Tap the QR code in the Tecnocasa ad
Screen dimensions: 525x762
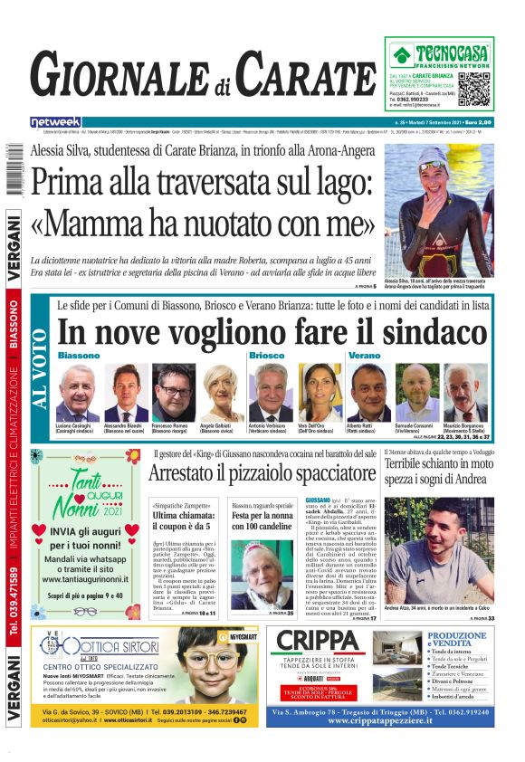coord(474,89)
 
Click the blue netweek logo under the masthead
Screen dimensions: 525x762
coord(55,121)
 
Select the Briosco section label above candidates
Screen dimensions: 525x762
coord(267,356)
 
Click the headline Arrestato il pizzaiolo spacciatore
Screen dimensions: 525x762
coord(262,472)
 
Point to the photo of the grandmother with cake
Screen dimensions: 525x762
coord(262,575)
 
